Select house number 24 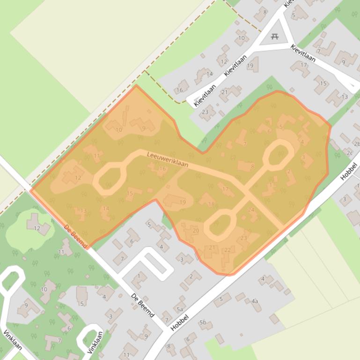(x=251, y=210)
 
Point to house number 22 (x=228, y=250)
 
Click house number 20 (x=196, y=230)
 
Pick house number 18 (x=211, y=204)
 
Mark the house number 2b (x=357, y=144)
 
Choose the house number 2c (x=349, y=152)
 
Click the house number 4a (x=255, y=302)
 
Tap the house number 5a (x=180, y=309)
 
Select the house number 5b (x=203, y=322)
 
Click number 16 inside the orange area (x=162, y=169)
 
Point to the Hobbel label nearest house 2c (x=349, y=172)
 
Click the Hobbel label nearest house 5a (x=180, y=323)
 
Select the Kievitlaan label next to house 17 (x=303, y=53)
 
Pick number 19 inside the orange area (x=183, y=202)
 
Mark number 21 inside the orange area (x=212, y=247)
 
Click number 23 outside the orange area (x=205, y=112)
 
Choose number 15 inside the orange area (x=130, y=193)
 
